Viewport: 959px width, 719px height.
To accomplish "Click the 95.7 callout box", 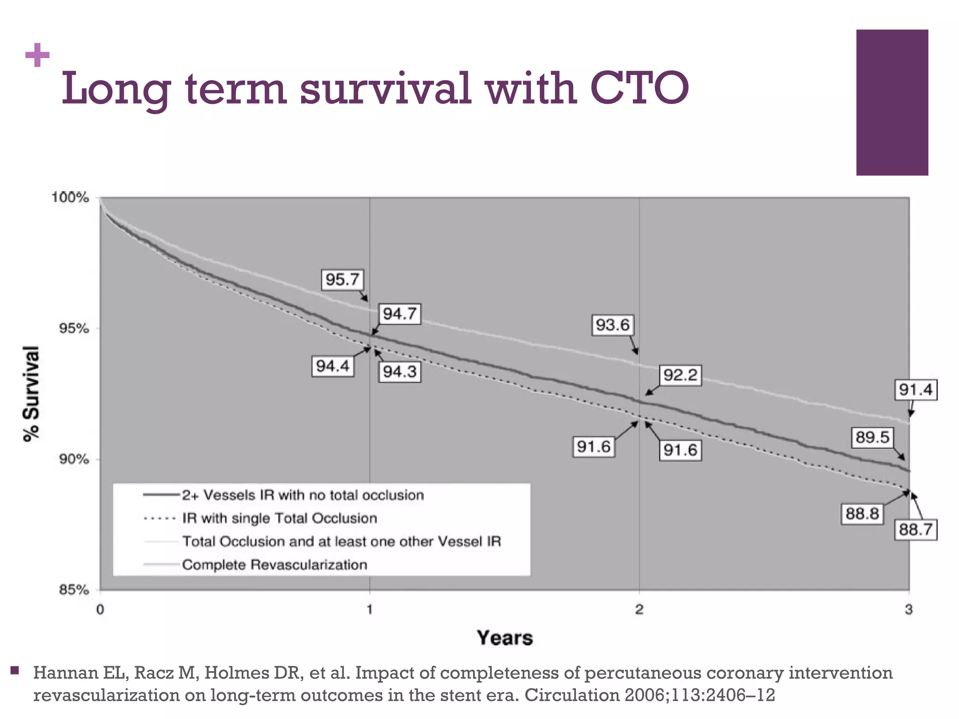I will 342,280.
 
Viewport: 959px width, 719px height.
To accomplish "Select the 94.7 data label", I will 399,314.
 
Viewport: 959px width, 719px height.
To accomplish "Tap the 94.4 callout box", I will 332,366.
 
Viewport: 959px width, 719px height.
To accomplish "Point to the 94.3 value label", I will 399,372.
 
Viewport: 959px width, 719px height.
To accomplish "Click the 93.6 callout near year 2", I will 612,325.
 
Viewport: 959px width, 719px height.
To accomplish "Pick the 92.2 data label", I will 680,375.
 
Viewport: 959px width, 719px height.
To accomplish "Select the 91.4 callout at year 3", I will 915,390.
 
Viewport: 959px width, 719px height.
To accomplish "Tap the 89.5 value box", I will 872,438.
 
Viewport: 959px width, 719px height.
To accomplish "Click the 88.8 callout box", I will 862,514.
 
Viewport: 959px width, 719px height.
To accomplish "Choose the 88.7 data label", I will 915,530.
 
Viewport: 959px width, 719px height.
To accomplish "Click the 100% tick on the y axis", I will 70,198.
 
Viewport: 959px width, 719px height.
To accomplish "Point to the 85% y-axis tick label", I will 74,590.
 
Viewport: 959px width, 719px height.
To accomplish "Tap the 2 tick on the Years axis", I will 639,609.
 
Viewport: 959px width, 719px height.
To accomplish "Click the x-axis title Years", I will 505,638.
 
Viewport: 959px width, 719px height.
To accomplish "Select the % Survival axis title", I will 32,393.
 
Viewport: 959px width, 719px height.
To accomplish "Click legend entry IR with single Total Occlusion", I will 280,518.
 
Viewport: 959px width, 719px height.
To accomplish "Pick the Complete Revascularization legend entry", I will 274,565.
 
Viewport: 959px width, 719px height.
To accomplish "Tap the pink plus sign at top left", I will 37,56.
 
